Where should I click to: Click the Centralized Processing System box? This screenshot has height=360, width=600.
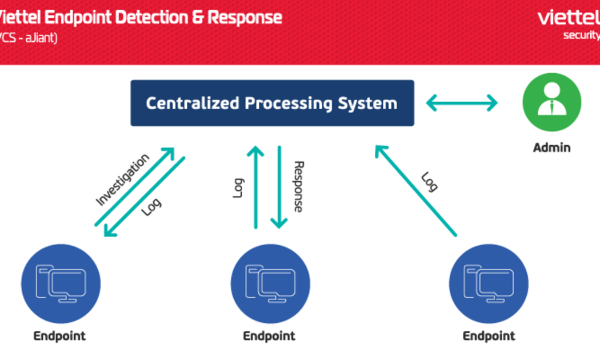[272, 103]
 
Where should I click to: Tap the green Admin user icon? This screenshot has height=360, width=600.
[552, 102]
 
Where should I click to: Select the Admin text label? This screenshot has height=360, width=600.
[552, 147]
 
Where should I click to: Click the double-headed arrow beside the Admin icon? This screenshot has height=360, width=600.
[462, 102]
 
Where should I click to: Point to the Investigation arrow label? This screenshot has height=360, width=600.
[122, 179]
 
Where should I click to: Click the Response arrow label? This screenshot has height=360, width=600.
[299, 186]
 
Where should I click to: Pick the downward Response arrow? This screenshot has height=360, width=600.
[279, 187]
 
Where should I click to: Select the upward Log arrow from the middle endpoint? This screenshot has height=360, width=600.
[255, 187]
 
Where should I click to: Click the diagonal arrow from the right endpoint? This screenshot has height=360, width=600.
[416, 190]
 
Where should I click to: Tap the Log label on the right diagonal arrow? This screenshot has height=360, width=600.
[429, 182]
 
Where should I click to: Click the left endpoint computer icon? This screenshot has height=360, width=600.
[61, 284]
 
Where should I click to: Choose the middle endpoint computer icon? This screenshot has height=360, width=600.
[270, 284]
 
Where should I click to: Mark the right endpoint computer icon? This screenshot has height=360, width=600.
[489, 284]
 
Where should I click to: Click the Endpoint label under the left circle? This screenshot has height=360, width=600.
[59, 336]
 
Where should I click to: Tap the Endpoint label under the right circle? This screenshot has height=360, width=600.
[489, 336]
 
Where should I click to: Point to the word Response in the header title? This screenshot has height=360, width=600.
[245, 18]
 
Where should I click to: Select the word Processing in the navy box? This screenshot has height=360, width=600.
[289, 103]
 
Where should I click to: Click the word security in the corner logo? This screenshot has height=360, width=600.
[581, 35]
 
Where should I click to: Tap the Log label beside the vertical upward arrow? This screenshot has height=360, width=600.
[238, 188]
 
